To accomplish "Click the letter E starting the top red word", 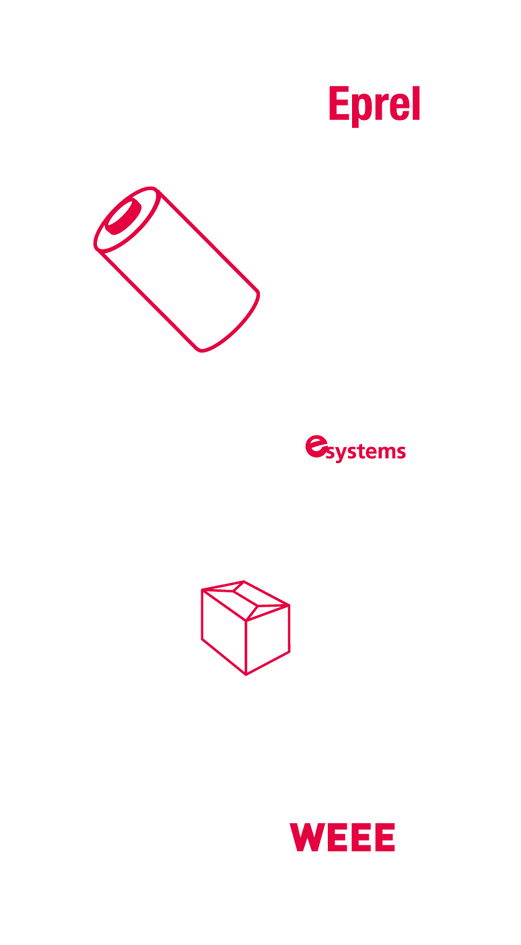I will [340, 103].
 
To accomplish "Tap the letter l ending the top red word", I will [416, 103].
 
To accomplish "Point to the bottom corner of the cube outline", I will [246, 675].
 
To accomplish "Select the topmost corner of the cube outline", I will [244, 582].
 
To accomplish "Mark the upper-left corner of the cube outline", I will [202, 591].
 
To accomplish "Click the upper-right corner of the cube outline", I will [289, 605].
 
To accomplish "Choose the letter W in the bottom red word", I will [306, 837].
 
